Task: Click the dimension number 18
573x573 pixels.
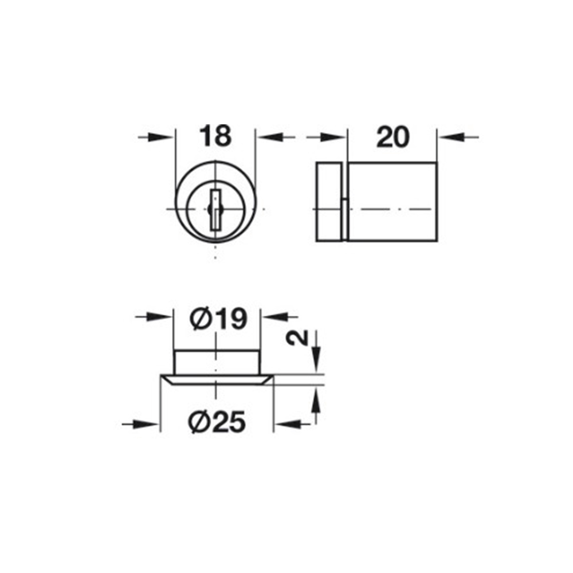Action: click(215, 136)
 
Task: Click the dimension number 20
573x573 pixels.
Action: click(393, 138)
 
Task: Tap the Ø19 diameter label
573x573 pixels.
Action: click(218, 319)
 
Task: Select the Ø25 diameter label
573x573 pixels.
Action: click(217, 422)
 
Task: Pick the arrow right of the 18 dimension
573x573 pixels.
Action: click(276, 138)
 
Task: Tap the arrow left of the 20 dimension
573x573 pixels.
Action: click(326, 138)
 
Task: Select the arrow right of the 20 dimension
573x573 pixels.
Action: click(459, 138)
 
